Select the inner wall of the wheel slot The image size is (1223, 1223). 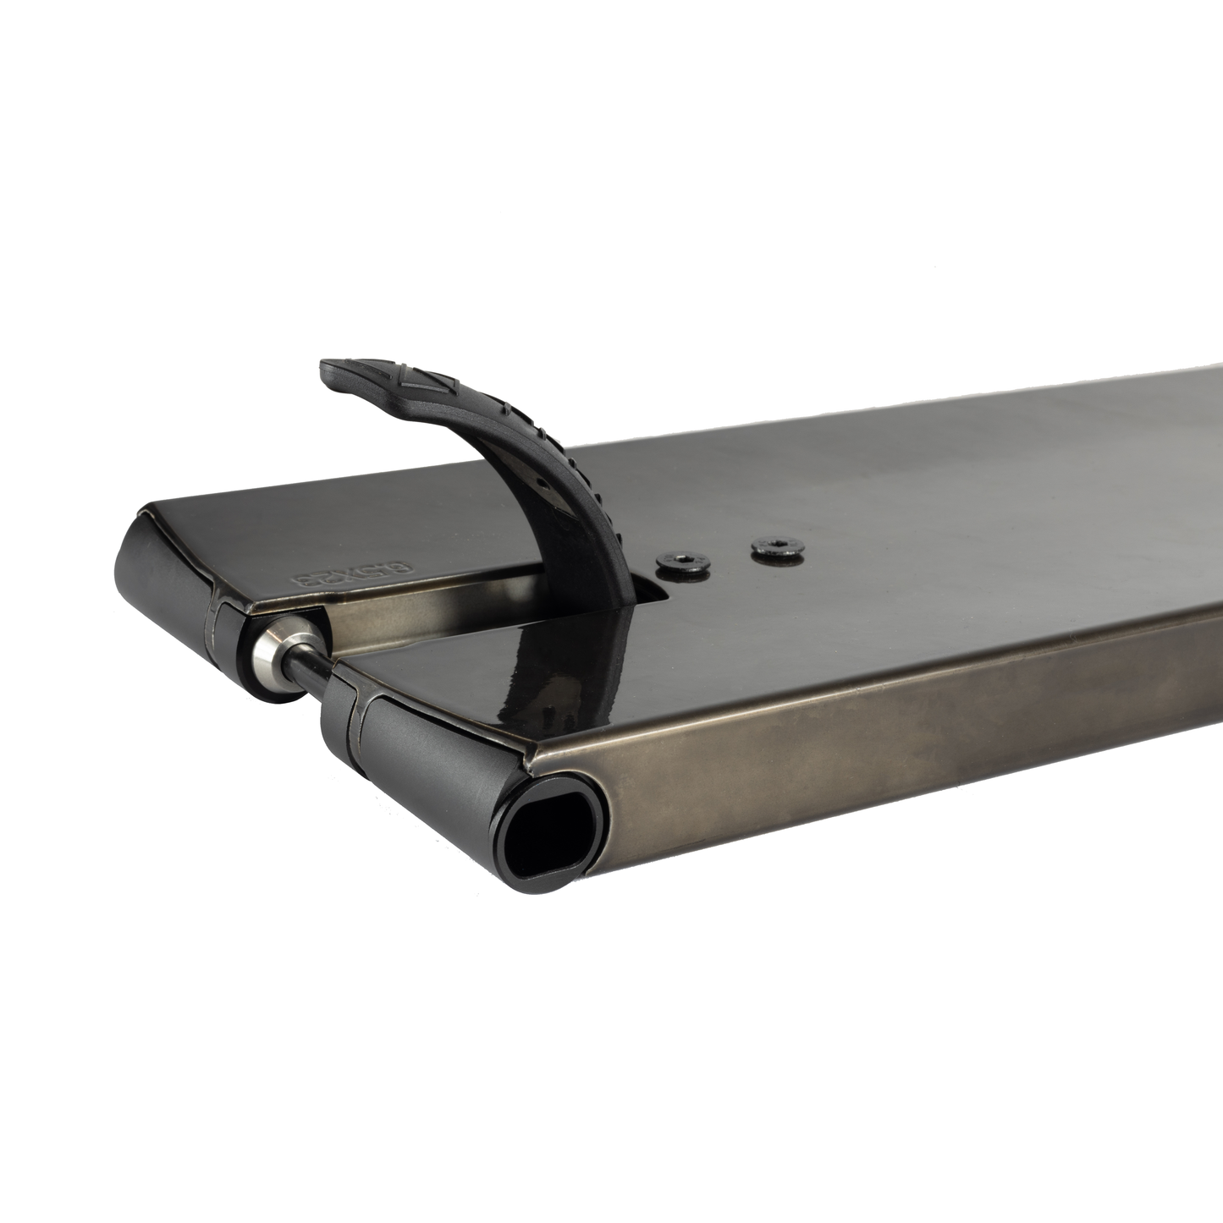click(x=423, y=609)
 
